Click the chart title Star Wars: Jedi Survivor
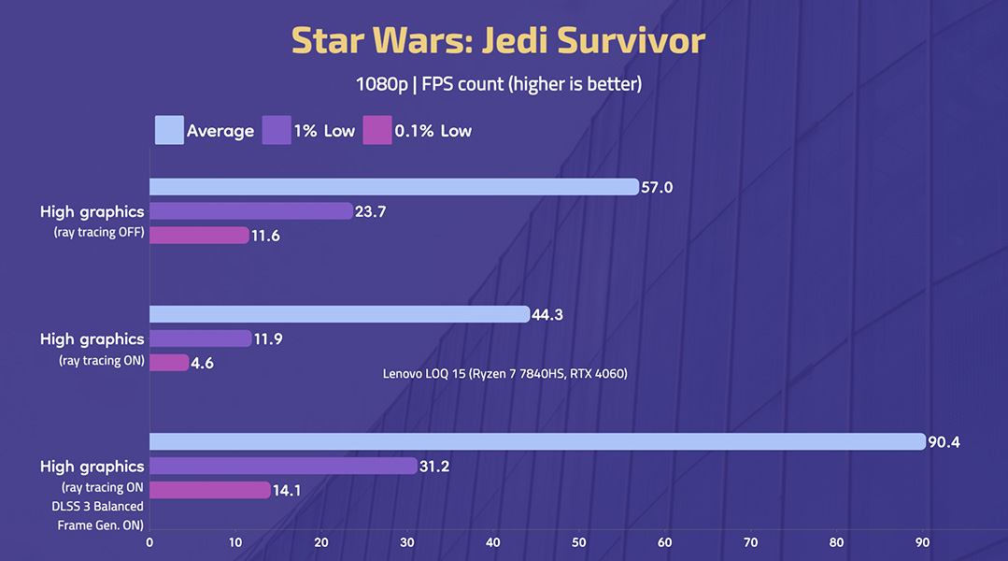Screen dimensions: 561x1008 tap(498, 41)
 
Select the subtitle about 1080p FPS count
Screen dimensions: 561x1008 tap(498, 84)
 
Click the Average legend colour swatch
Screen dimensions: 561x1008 tap(168, 130)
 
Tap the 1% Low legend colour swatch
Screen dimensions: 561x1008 tap(277, 130)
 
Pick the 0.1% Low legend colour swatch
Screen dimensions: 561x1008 tap(377, 130)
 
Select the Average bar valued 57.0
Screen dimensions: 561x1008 tap(393, 187)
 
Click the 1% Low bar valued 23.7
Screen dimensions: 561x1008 tap(250, 211)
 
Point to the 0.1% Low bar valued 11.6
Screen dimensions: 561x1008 tap(199, 236)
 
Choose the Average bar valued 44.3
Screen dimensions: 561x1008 tap(339, 314)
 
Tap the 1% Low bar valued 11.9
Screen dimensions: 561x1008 tap(200, 338)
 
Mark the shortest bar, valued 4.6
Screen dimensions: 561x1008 tap(169, 363)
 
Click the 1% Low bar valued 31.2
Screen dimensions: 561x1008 tap(283, 466)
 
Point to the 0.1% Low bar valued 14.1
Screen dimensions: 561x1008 tap(209, 490)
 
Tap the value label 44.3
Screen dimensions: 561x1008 tap(548, 314)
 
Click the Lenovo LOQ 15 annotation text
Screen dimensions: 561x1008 tap(504, 374)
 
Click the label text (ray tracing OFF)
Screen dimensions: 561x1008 tap(99, 233)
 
